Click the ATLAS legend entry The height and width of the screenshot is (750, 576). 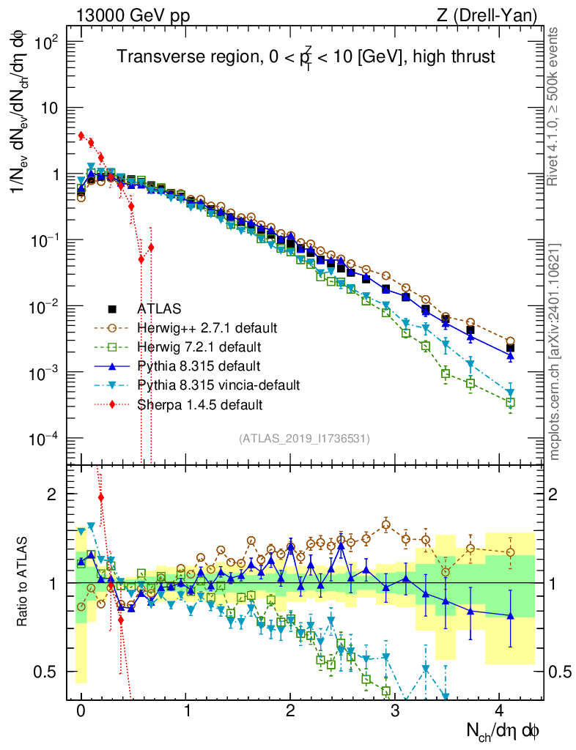coord(158,308)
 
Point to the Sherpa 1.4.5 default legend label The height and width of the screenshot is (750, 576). coord(199,404)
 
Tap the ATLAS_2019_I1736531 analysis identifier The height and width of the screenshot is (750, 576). coord(303,439)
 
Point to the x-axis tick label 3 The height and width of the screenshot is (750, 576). coord(396,710)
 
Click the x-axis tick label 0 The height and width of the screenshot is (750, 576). coord(81,710)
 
